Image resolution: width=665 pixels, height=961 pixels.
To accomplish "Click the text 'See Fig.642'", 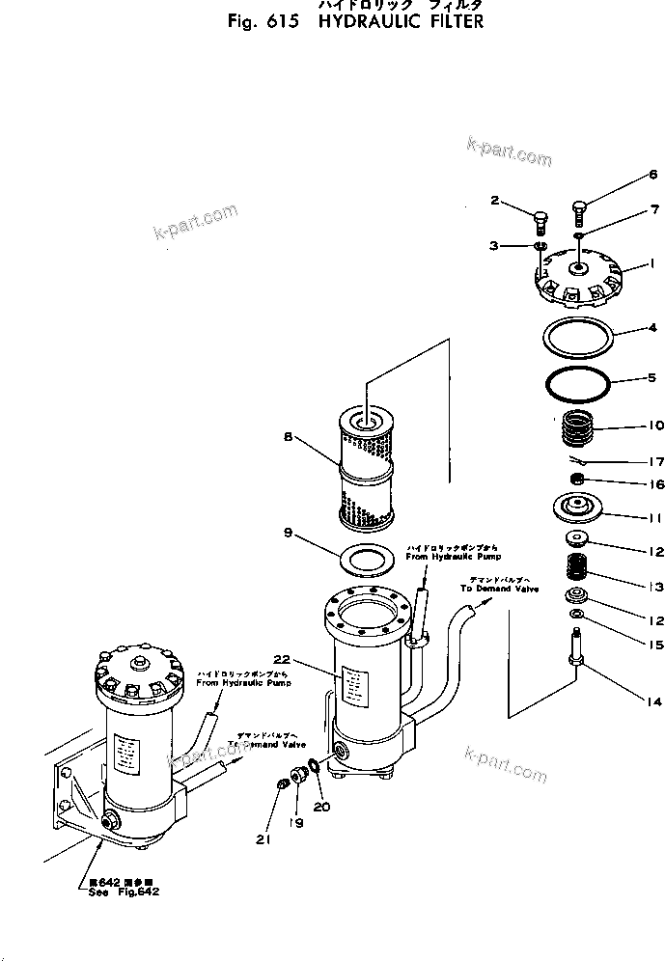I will coord(120,891).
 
